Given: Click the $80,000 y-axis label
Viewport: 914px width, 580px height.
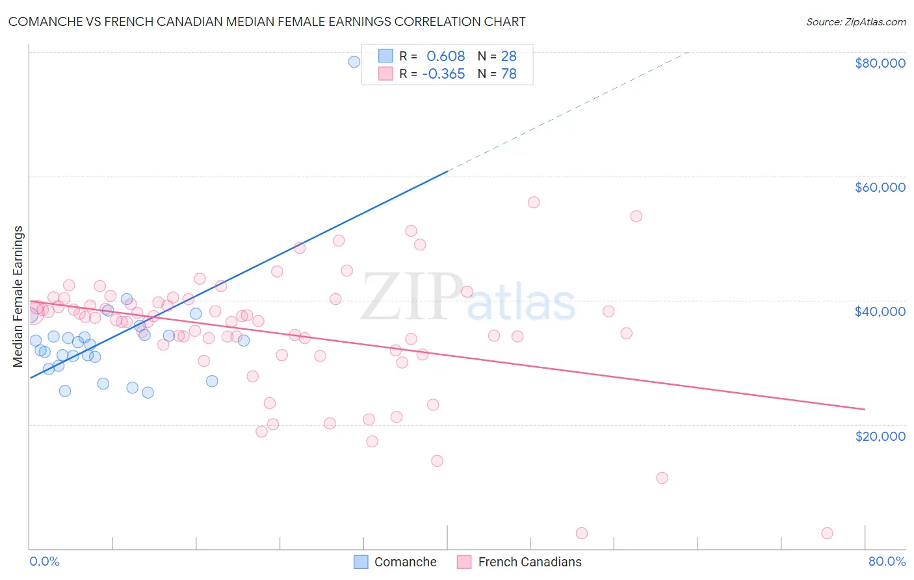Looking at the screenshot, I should pos(880,63).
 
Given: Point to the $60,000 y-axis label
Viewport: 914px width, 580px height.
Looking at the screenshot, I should pos(880,187).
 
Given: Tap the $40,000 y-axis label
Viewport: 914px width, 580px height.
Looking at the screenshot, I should pos(880,311).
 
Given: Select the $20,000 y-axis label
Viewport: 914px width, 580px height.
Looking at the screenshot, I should pos(880,436).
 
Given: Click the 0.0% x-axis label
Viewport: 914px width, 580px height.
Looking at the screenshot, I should pos(44,561).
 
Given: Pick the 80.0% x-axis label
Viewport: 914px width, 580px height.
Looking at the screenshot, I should pos(887,561).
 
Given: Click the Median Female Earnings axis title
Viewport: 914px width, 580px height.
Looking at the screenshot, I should pos(18,297).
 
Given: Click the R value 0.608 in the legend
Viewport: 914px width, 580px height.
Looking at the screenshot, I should pos(445,56).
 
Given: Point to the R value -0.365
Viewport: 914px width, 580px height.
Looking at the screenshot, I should pos(443,74).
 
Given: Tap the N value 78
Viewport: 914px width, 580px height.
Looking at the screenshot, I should pos(508,74).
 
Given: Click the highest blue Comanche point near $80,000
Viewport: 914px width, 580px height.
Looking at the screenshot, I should pos(354,62).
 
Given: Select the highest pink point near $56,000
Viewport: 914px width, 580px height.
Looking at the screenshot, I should pos(534,202).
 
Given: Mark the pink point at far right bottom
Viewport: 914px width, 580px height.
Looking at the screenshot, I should pos(827,533).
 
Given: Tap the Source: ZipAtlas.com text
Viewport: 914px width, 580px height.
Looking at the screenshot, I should pos(855,22).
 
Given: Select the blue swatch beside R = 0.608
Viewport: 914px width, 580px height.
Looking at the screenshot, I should pos(385,56).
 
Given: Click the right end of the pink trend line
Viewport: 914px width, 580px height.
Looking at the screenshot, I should pos(865,409).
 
